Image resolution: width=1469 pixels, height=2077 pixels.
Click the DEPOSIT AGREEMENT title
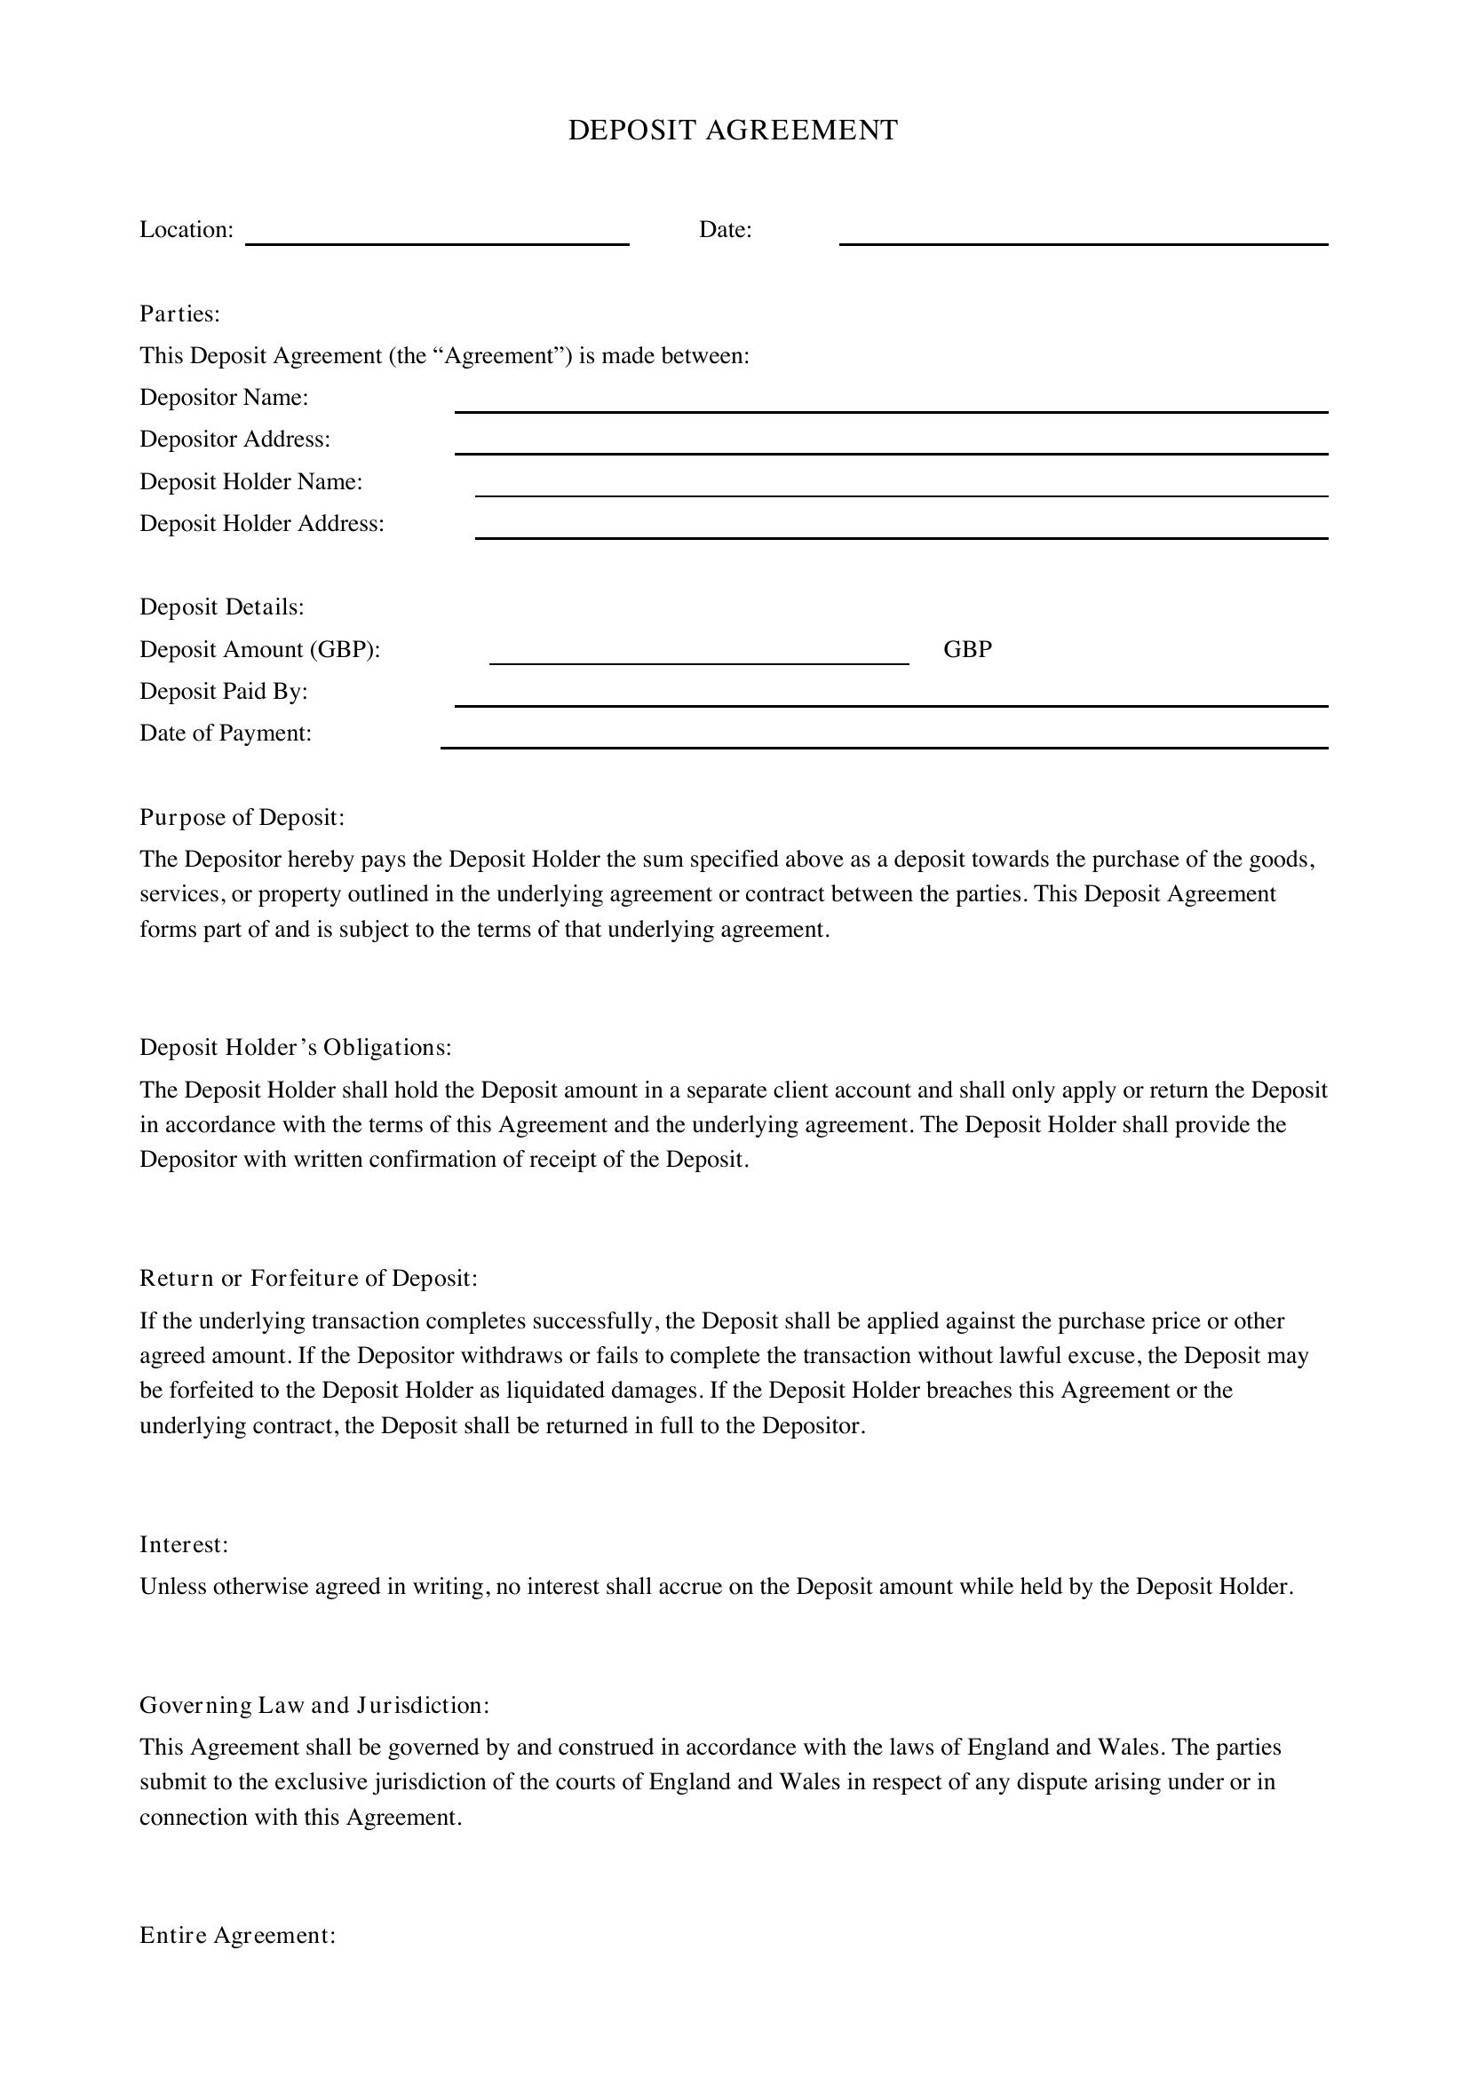point(733,131)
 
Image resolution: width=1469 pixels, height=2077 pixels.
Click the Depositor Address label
point(234,440)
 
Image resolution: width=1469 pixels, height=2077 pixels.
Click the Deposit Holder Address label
point(261,524)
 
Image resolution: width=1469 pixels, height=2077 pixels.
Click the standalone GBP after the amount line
point(967,649)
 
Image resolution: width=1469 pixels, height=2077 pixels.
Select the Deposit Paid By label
point(224,692)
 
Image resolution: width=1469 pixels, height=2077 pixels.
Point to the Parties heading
point(179,313)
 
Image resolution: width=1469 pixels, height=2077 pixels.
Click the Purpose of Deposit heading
point(242,818)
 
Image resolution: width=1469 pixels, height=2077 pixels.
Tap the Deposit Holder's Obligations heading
point(295,1048)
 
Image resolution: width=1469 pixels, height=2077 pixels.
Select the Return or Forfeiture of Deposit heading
point(307,1278)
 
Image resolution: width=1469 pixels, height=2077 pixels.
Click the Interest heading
point(184,1544)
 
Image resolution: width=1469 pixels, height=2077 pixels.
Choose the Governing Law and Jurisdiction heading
point(314,1705)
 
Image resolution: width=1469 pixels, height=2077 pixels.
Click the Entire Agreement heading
point(237,1935)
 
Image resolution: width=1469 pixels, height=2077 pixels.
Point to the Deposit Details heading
point(222,607)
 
